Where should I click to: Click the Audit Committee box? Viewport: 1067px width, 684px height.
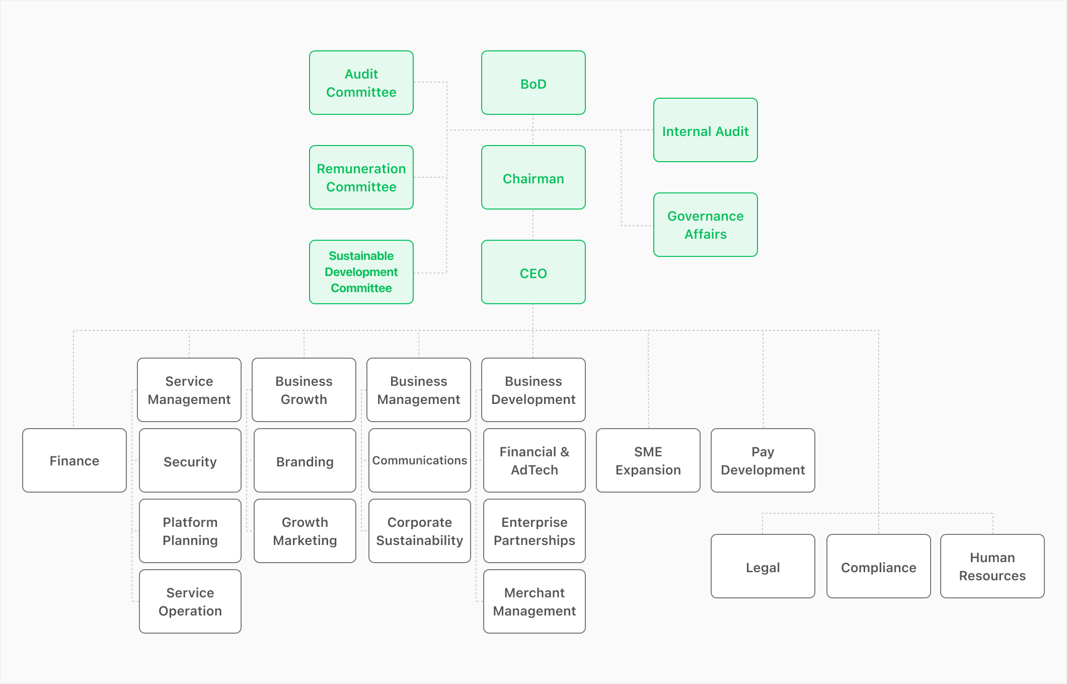pyautogui.click(x=361, y=83)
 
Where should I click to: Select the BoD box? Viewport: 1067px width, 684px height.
pyautogui.click(x=533, y=83)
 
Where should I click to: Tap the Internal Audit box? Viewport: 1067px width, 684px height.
pyautogui.click(x=705, y=130)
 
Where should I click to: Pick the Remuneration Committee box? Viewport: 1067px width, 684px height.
pyautogui.click(x=361, y=177)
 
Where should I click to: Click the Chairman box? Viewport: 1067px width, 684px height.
pyautogui.click(x=533, y=177)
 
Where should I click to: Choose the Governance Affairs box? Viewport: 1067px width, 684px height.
pyautogui.click(x=705, y=225)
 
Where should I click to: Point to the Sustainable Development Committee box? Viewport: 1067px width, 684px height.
pyautogui.click(x=361, y=272)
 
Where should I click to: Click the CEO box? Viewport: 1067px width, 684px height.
pyautogui.click(x=533, y=272)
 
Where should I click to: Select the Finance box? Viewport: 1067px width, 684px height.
pyautogui.click(x=74, y=460)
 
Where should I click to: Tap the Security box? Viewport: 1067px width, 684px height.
pyautogui.click(x=190, y=460)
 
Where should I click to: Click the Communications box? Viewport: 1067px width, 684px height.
pyautogui.click(x=420, y=460)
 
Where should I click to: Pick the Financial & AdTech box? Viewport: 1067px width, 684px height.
pyautogui.click(x=535, y=460)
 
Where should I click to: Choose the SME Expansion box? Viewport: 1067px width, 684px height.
pyautogui.click(x=648, y=460)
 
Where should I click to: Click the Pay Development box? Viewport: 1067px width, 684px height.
pyautogui.click(x=763, y=460)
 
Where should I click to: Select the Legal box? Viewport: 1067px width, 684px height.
pyautogui.click(x=763, y=566)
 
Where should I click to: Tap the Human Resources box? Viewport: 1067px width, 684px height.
pyautogui.click(x=993, y=566)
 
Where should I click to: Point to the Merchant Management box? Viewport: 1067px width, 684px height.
pyautogui.click(x=535, y=601)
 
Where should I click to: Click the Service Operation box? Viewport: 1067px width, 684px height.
pyautogui.click(x=190, y=601)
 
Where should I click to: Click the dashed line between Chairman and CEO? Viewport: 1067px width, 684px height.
pyautogui.click(x=533, y=225)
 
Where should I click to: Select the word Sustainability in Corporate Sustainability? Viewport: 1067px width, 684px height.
pyautogui.click(x=420, y=540)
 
